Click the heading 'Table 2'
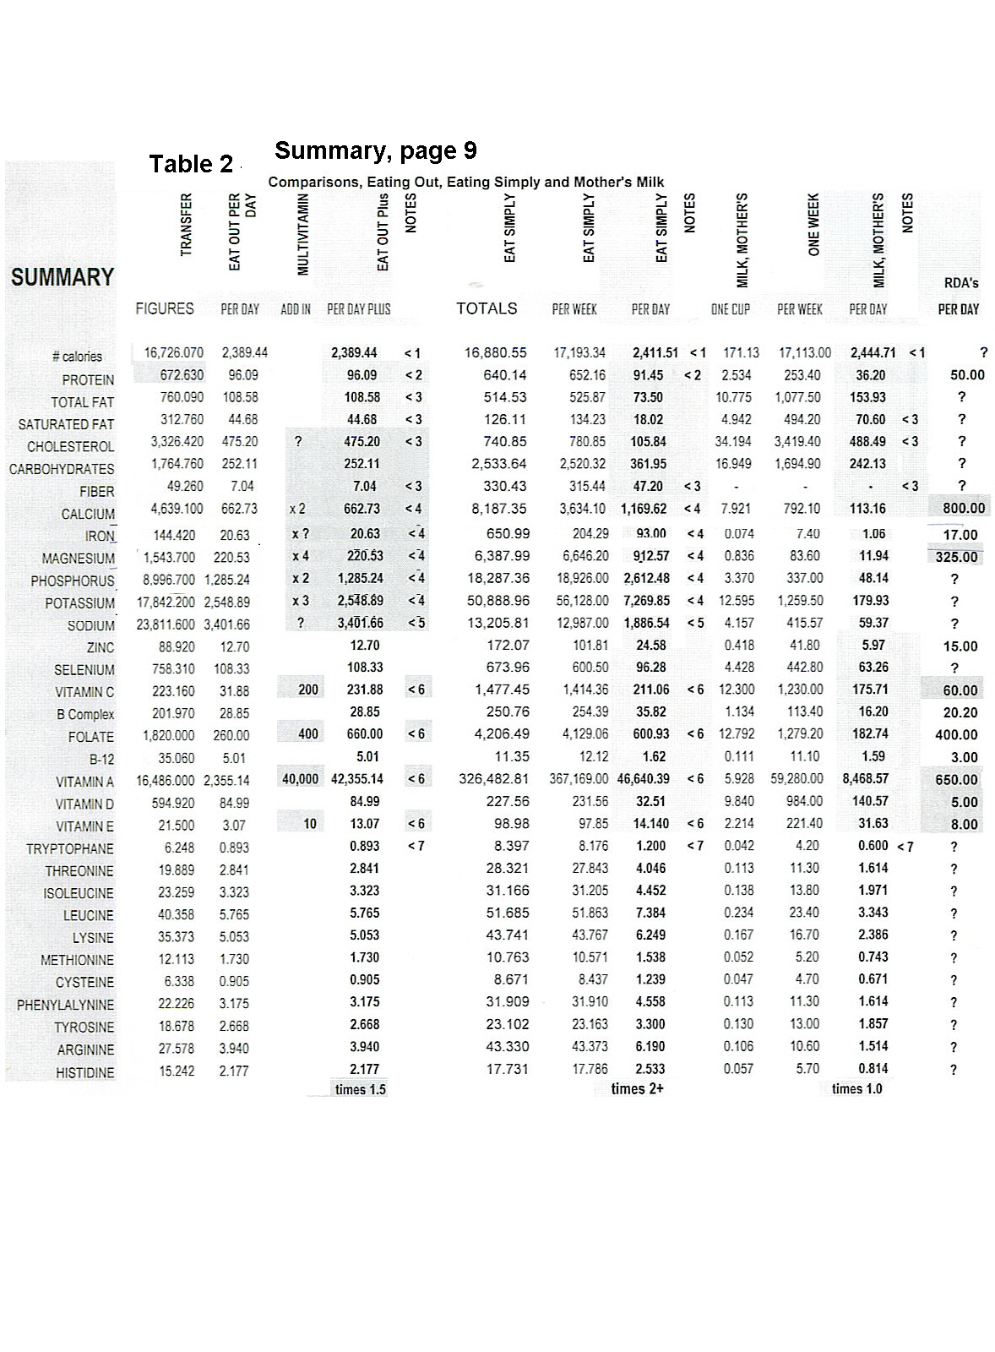pos(190,164)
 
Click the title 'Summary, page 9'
pos(375,150)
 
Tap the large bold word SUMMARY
pos(62,277)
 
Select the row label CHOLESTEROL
pos(70,446)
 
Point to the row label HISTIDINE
pos(84,1072)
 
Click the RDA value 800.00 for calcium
pos(962,508)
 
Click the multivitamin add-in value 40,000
pos(300,779)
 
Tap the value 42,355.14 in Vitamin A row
pos(357,779)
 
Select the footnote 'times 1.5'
pos(360,1089)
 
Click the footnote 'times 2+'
pos(637,1088)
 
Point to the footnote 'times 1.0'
pos(856,1088)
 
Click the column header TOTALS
pos(487,308)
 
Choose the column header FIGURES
pos(164,308)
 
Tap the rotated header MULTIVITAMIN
pos(303,233)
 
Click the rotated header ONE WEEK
pos(814,225)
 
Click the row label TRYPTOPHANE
pos(69,848)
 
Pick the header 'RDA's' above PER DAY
pos(960,284)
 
